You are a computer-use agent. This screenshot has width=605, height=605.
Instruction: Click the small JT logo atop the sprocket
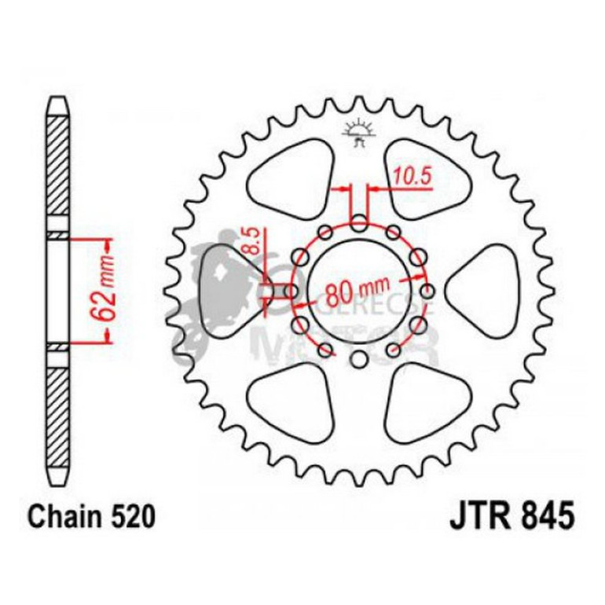pos(357,134)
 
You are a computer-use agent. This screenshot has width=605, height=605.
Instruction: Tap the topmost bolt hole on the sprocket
pos(358,224)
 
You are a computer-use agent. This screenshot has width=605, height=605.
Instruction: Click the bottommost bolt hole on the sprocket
pos(358,360)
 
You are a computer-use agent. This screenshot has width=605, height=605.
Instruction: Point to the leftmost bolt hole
pos(291,292)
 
